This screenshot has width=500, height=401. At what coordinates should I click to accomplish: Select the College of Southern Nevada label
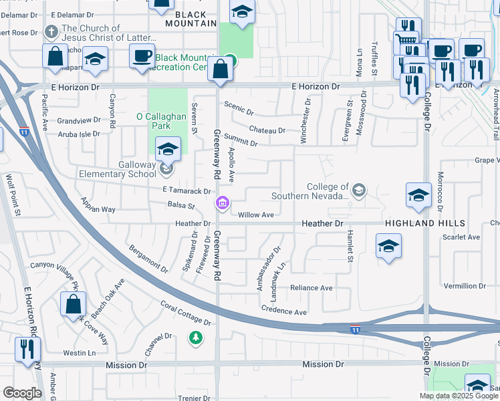click(310, 191)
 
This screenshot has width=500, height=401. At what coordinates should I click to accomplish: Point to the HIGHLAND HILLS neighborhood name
click(422, 223)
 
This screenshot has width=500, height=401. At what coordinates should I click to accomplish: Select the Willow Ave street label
click(257, 215)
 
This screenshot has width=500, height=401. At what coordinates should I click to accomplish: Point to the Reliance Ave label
click(311, 288)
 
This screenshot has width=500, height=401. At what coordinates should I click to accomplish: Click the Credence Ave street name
click(283, 311)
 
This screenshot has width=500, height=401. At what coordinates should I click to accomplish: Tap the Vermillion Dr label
click(464, 286)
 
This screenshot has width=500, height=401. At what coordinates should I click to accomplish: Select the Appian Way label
click(98, 205)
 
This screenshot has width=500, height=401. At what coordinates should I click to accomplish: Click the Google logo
click(22, 393)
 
